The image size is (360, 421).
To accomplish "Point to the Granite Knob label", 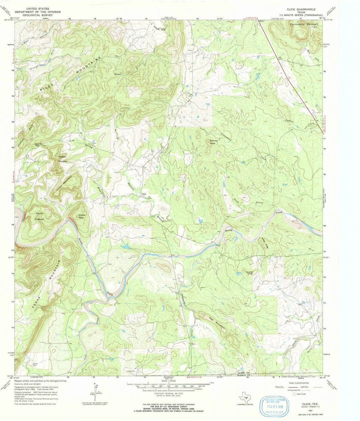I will coord(214,142).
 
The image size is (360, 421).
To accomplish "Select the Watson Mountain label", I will coord(63,159).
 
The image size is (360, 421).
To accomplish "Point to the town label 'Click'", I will coord(144,194).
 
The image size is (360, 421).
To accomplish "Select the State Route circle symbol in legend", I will coord(294,394).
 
